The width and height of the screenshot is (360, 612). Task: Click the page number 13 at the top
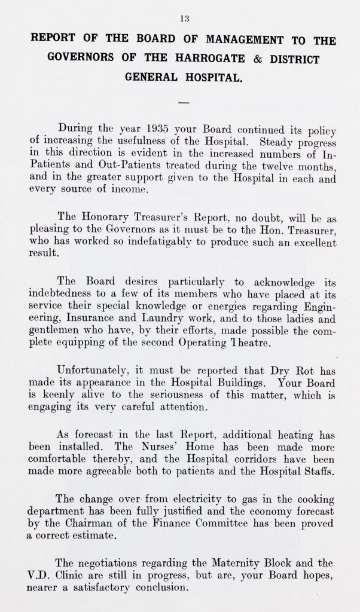[184, 18]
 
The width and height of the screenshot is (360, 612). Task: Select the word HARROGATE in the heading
[197, 60]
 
